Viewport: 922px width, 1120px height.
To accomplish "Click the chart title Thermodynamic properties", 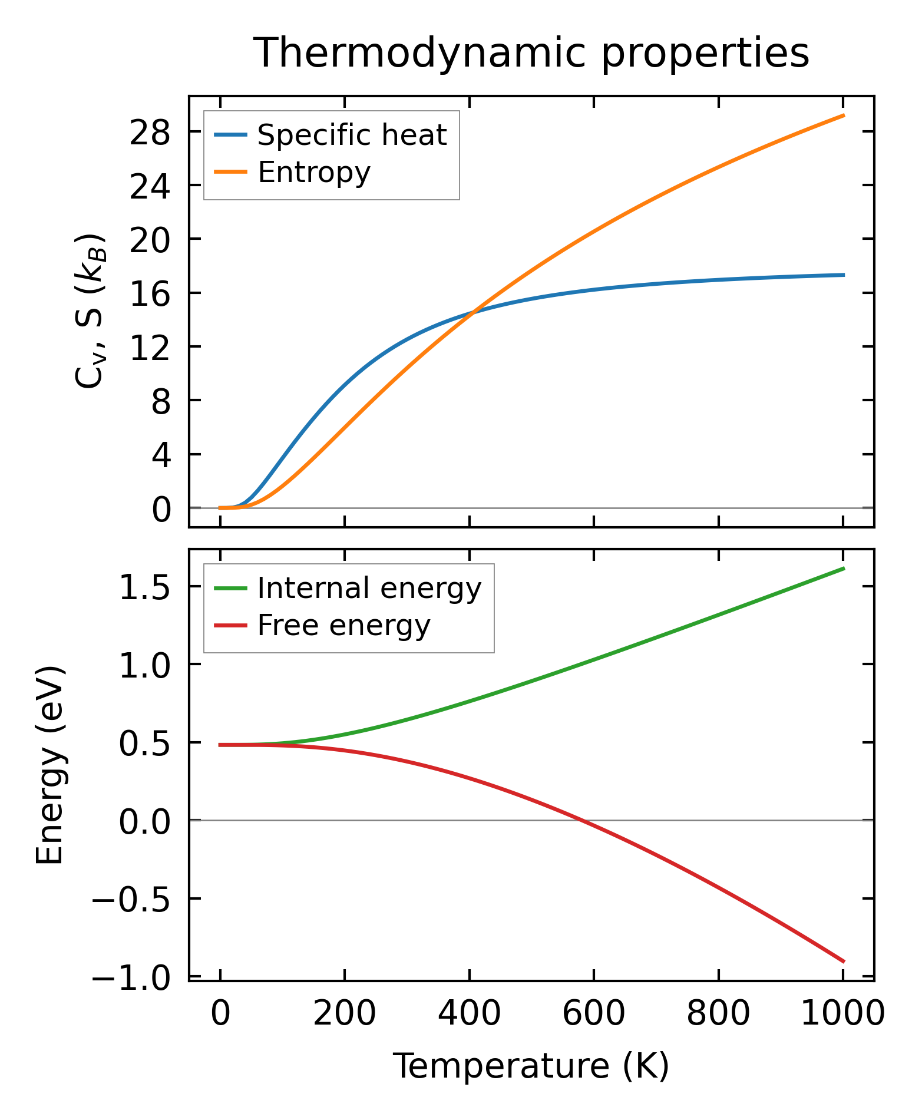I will [531, 53].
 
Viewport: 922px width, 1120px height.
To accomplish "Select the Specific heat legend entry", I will [352, 135].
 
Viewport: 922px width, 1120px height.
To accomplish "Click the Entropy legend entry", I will [314, 172].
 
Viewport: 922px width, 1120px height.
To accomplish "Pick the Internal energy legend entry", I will [369, 588].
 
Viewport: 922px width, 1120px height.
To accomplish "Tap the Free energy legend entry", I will [343, 625].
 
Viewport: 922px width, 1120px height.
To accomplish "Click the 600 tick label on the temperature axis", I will [593, 1015].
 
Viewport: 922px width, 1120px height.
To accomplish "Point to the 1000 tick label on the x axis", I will [842, 1015].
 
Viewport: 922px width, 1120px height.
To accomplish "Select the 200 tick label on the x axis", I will [345, 1015].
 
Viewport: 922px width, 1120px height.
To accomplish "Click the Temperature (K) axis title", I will [531, 1066].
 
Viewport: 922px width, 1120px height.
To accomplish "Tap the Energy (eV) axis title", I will [49, 765].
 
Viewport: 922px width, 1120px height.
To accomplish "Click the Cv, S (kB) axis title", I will [90, 311].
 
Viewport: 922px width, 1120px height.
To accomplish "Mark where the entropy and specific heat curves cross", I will [472, 312].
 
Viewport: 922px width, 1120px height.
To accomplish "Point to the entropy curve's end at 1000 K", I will [843, 115].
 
